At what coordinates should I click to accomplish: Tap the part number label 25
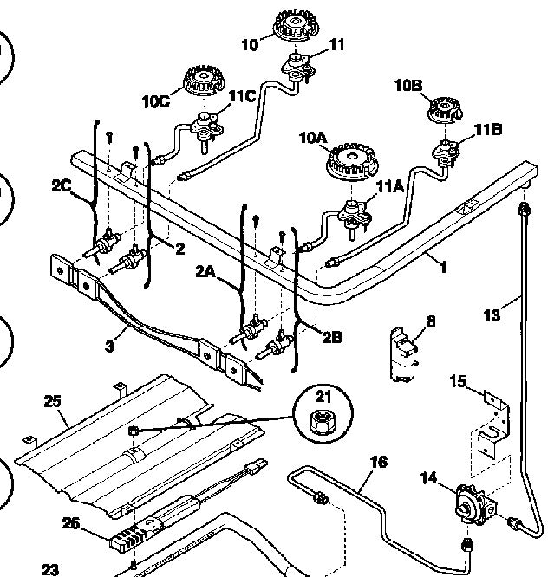coord(53,400)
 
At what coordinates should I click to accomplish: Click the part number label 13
coord(492,315)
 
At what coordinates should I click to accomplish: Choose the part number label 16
coord(378,463)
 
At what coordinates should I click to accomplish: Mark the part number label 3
coord(109,347)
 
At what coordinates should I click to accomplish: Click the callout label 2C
coord(62,185)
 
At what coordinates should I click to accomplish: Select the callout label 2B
coord(331,334)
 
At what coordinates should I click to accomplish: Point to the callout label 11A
coord(388,185)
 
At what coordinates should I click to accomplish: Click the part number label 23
coord(49,569)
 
